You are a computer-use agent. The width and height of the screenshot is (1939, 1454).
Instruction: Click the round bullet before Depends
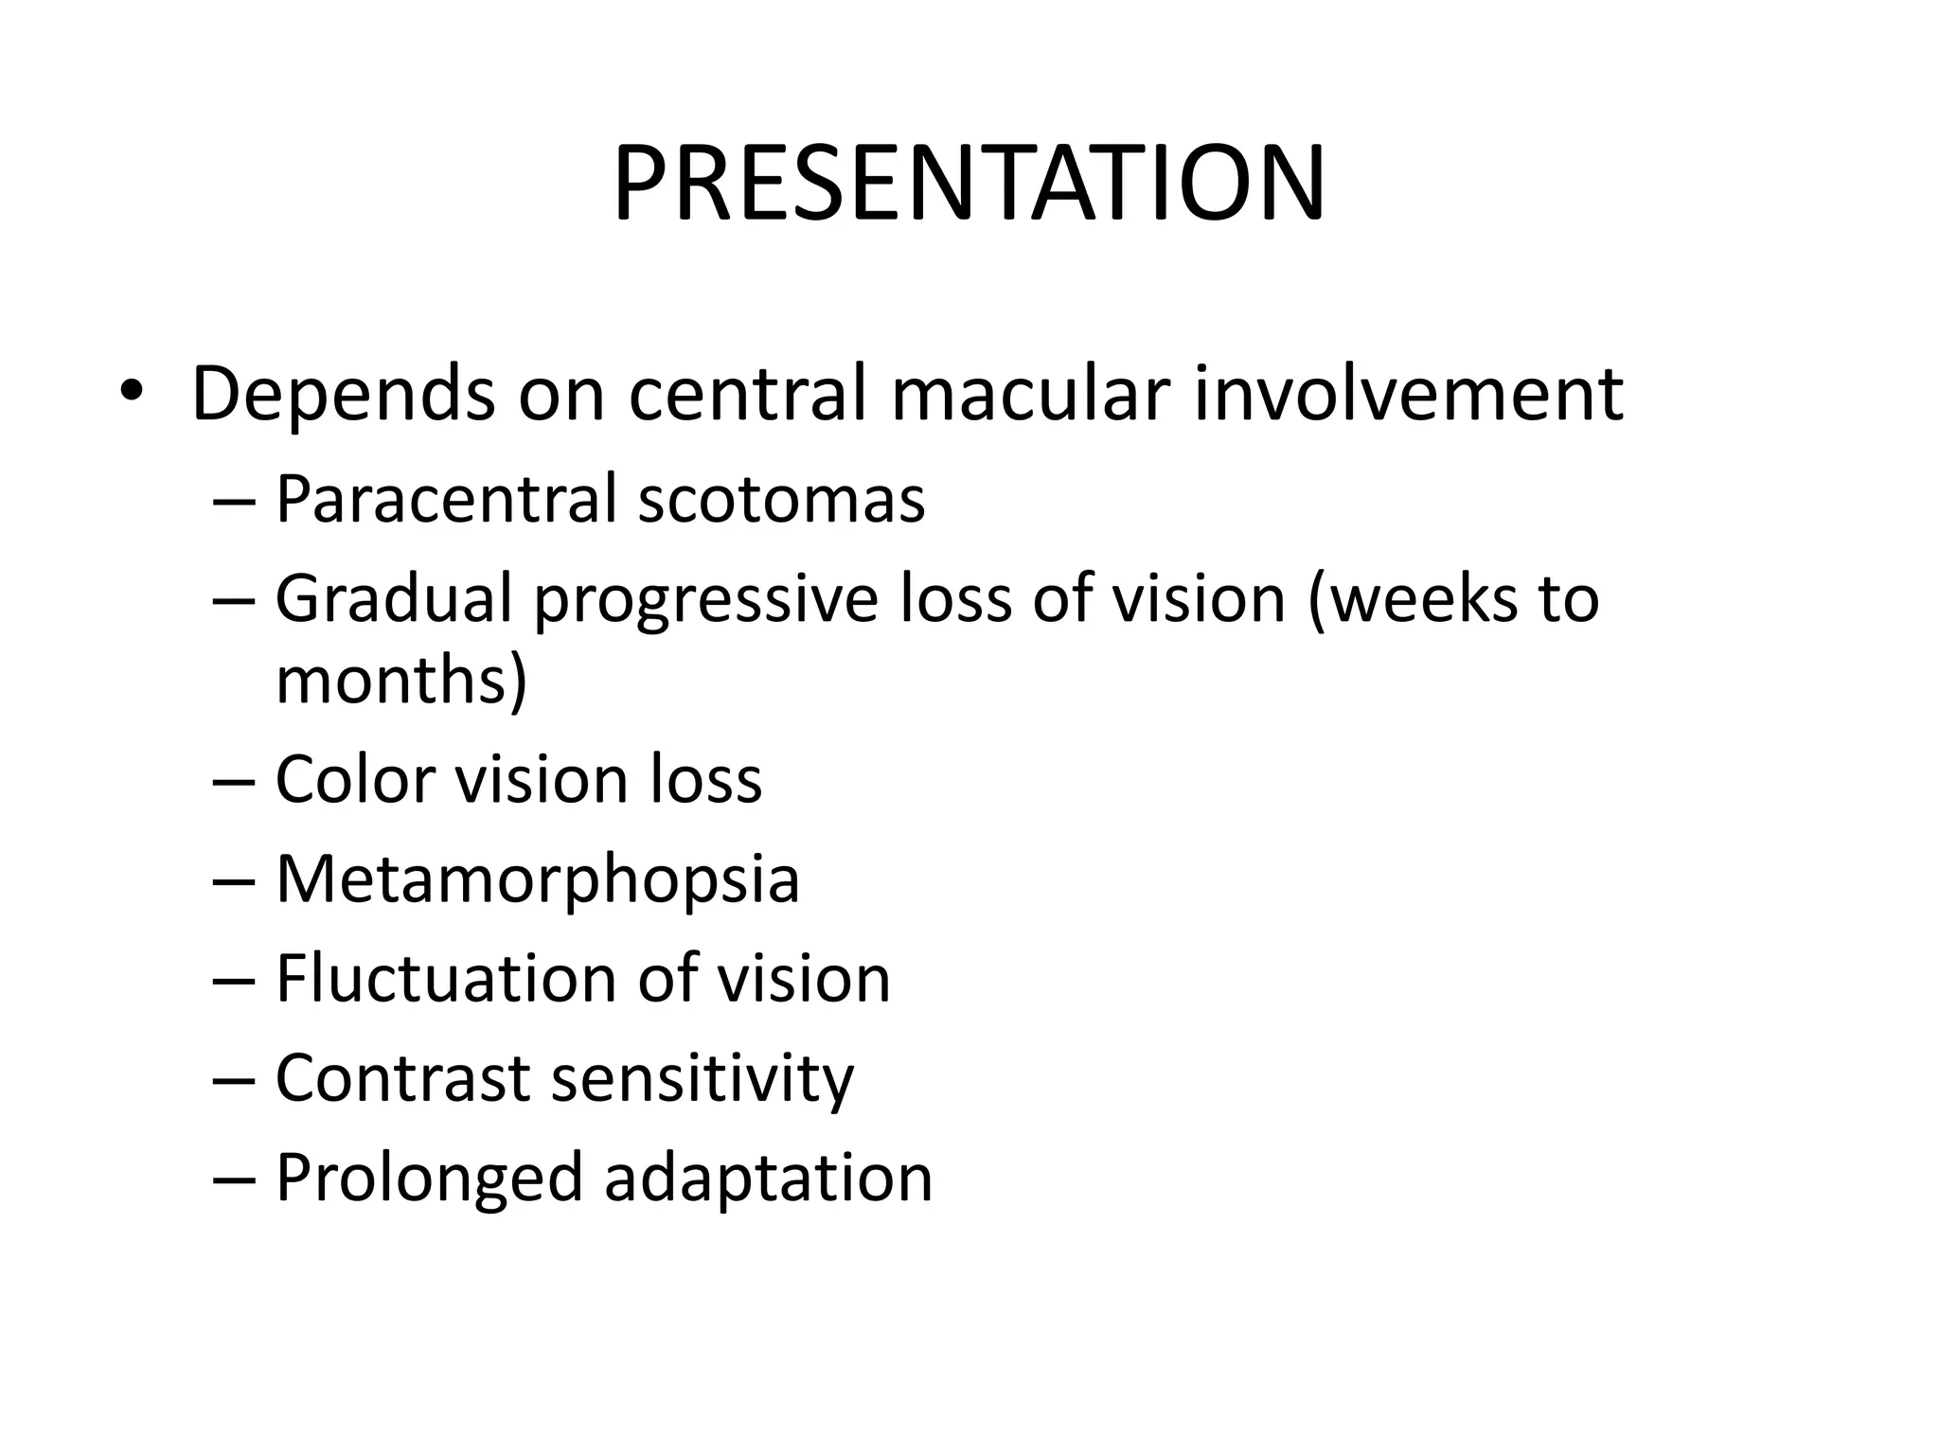130,392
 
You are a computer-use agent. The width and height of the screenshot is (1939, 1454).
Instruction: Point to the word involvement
1408,393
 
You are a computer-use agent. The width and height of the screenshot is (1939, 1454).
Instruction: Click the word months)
401,682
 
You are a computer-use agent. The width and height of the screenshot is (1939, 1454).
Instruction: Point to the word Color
356,780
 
